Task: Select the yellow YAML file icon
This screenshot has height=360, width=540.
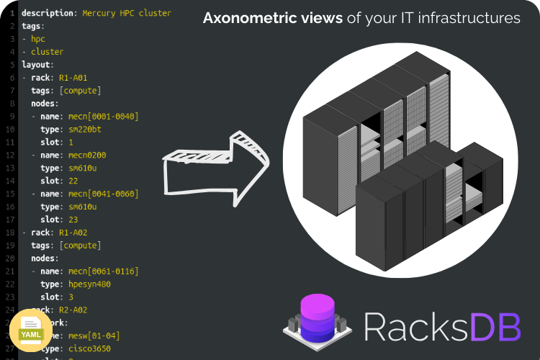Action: [30, 333]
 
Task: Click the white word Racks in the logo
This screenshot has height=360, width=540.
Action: [417, 327]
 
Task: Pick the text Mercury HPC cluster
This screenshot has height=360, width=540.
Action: [127, 14]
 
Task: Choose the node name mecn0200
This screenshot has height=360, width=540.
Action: [88, 156]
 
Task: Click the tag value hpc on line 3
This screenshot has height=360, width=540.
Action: [38, 39]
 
